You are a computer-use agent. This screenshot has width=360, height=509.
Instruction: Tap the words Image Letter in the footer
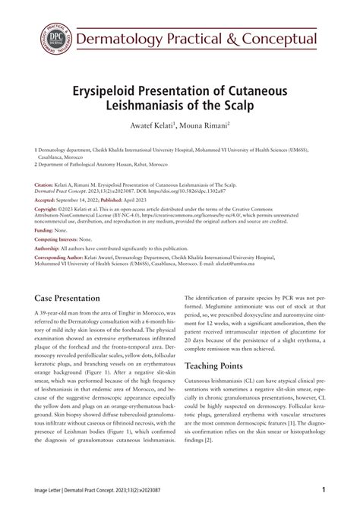pos(53,492)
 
